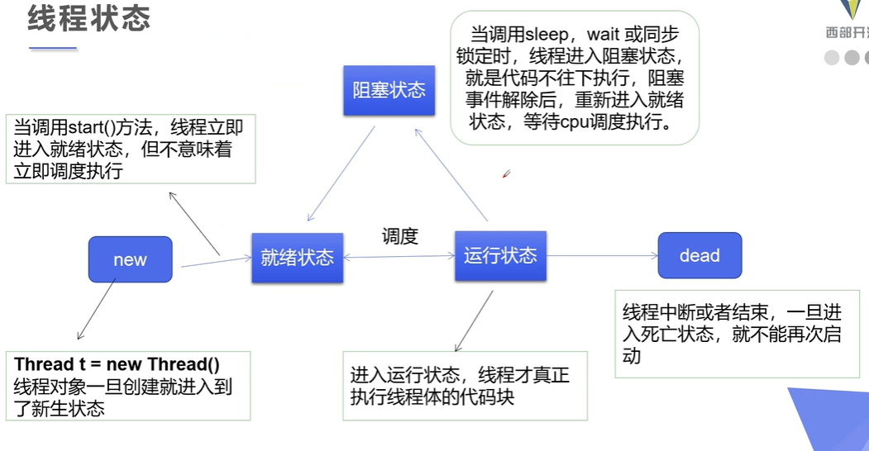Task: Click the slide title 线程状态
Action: (89, 18)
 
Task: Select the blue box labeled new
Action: (130, 259)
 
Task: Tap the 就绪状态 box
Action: (297, 258)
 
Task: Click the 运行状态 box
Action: (500, 255)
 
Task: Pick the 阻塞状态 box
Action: (389, 90)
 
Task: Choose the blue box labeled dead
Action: (699, 255)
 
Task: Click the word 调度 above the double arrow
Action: (400, 236)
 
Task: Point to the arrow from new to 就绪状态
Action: (215, 262)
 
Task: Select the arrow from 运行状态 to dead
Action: (602, 255)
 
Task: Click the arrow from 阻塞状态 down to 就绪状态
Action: (341, 173)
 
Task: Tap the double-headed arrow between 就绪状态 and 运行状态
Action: (399, 257)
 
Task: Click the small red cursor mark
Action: (506, 174)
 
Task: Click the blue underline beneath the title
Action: (53, 49)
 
